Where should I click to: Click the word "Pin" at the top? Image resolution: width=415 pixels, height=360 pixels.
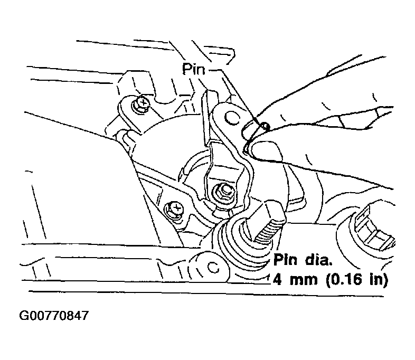[x=194, y=70]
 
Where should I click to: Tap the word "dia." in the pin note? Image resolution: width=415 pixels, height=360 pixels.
[x=318, y=260]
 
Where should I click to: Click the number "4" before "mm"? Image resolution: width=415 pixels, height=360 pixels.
[x=277, y=279]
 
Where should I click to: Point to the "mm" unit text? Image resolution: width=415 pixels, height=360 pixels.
[x=304, y=281]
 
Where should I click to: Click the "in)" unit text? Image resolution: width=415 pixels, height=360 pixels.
[x=379, y=280]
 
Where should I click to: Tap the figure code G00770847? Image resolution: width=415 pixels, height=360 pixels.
[x=54, y=316]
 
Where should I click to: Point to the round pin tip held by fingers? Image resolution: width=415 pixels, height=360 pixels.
[x=265, y=127]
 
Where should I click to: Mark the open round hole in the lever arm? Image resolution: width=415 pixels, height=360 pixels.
[x=231, y=117]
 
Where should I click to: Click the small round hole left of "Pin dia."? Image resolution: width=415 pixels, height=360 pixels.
[x=213, y=267]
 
